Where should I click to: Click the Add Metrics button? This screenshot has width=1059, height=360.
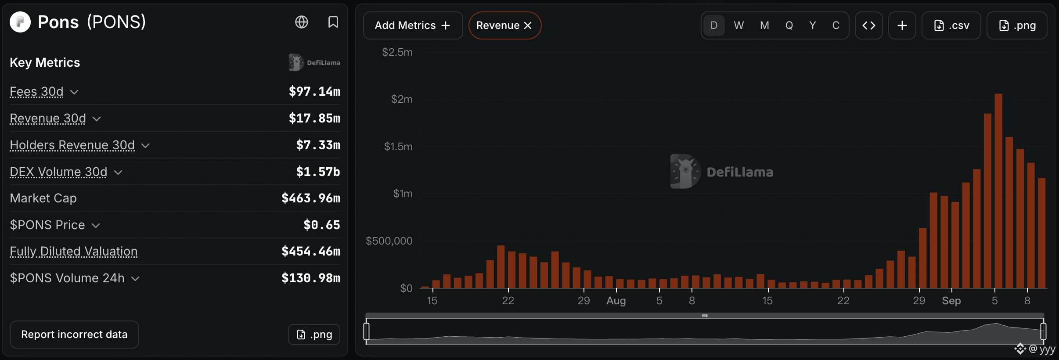pyautogui.click(x=413, y=25)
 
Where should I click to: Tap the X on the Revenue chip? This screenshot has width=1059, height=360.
pyautogui.click(x=528, y=25)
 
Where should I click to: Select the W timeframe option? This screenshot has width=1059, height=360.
pyautogui.click(x=739, y=25)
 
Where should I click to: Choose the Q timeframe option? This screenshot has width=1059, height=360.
pyautogui.click(x=789, y=25)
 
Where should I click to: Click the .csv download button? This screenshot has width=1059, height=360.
pyautogui.click(x=951, y=25)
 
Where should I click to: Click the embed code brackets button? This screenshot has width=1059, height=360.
pyautogui.click(x=869, y=25)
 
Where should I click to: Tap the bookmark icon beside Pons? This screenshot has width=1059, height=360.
pyautogui.click(x=333, y=22)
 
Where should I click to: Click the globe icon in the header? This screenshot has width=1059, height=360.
pyautogui.click(x=302, y=22)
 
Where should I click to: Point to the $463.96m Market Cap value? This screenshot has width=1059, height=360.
pyautogui.click(x=311, y=198)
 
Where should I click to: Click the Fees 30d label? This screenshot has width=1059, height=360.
pyautogui.click(x=36, y=91)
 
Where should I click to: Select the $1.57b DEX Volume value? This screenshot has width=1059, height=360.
pyautogui.click(x=318, y=172)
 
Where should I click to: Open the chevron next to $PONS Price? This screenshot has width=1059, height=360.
pyautogui.click(x=96, y=225)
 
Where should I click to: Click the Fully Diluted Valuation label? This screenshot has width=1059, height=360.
pyautogui.click(x=74, y=251)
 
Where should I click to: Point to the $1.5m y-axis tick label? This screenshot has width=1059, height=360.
pyautogui.click(x=398, y=146)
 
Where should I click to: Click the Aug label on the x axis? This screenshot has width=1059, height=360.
pyautogui.click(x=616, y=301)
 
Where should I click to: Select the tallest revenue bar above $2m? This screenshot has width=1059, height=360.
pyautogui.click(x=998, y=191)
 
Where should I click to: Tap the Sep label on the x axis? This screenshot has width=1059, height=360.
pyautogui.click(x=951, y=301)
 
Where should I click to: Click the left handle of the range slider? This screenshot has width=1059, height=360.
pyautogui.click(x=367, y=331)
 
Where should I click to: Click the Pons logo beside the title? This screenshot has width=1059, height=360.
pyautogui.click(x=20, y=22)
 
